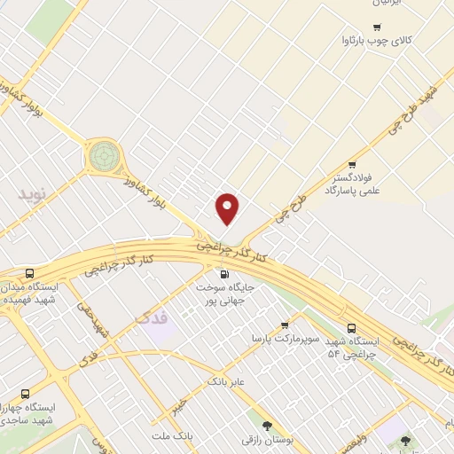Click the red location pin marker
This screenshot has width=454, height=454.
tap(228, 207)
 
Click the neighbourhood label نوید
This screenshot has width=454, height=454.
tap(35, 192)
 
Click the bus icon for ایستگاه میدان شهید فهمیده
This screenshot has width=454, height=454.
tap(31, 274)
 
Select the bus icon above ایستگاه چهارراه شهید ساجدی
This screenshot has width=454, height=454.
tap(24, 393)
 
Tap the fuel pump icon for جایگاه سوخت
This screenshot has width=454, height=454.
tap(223, 274)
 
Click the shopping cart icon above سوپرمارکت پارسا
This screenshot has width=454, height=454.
tap(284, 325)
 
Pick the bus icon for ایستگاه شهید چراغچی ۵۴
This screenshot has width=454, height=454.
tap(353, 327)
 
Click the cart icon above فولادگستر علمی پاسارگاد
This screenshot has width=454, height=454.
tap(353, 164)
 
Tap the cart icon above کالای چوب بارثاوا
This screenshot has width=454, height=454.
tap(377, 27)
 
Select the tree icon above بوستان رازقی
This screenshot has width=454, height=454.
tap(266, 425)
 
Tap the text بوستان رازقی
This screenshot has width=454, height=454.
tap(265, 438)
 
